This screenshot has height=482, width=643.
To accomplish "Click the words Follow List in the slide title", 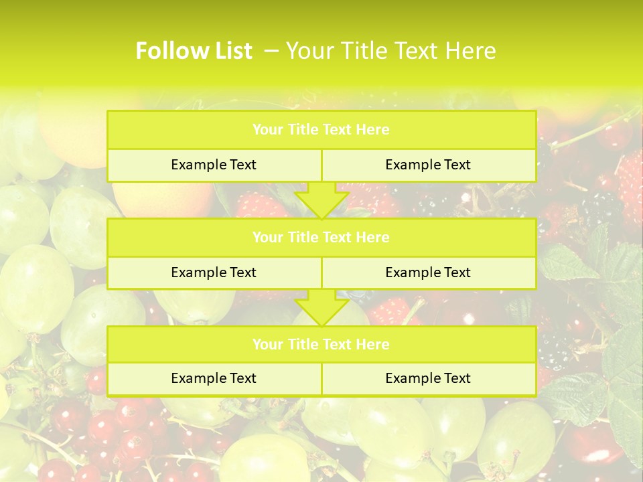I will click(194, 51).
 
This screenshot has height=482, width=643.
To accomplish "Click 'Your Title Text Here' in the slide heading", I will click(391, 51).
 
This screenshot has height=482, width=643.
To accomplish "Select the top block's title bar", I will click(321, 130).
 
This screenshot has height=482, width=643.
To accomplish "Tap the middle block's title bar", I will click(321, 238).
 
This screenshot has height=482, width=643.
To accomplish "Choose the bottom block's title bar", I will click(321, 345).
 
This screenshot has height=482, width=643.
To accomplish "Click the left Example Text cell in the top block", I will click(214, 165).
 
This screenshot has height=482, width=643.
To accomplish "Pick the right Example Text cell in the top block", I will click(428, 165).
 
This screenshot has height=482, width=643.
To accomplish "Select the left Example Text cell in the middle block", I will click(214, 273).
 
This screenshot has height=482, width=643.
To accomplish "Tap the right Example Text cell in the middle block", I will click(428, 273).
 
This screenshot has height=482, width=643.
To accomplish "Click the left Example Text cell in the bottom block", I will click(214, 379).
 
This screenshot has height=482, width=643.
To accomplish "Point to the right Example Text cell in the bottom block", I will click(428, 379).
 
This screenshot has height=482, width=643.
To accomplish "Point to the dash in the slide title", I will click(272, 51).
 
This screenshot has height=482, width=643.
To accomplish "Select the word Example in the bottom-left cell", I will click(198, 379).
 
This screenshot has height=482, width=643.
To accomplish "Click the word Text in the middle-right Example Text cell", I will click(457, 273).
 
